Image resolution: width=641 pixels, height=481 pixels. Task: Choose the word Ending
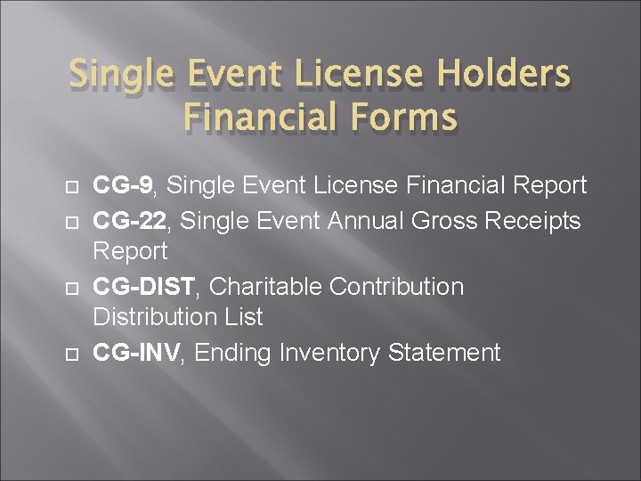(233, 354)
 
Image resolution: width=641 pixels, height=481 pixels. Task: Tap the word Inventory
(330, 354)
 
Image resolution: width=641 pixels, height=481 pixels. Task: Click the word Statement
(444, 354)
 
